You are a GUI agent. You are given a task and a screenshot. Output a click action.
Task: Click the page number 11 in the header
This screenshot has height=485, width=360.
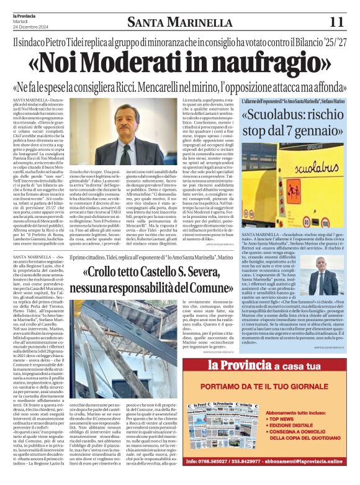click(336, 22)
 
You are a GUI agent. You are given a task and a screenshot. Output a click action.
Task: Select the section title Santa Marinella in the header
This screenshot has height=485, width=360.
click(179, 23)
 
